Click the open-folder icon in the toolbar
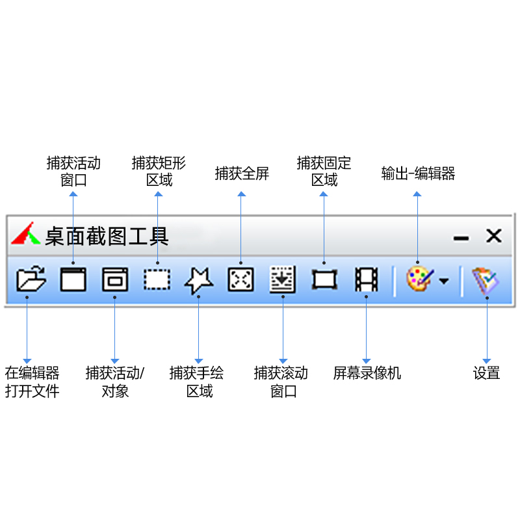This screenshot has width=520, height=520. point(31,281)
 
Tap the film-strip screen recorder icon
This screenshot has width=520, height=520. point(366,280)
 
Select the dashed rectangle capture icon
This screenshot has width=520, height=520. point(157,280)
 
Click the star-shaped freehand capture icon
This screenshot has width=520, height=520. point(198,281)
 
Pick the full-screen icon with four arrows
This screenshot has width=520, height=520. point(240,280)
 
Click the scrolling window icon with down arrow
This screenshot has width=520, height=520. point(283,280)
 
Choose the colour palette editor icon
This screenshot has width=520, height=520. point(418,279)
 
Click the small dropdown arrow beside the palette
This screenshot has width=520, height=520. point(443,281)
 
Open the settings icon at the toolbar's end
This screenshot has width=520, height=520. point(486,281)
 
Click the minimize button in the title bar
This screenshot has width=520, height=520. point(461,239)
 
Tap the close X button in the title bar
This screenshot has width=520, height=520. point(494,236)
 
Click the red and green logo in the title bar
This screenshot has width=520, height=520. point(25,234)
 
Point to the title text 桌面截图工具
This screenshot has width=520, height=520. point(107,236)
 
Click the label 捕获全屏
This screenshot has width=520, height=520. point(241,174)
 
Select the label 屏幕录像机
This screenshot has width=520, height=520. point(367,373)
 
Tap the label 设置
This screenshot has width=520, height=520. point(486,373)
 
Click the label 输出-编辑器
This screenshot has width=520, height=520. point(418,174)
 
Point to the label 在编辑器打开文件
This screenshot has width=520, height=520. point(32,382)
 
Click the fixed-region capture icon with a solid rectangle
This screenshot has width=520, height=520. point(324,280)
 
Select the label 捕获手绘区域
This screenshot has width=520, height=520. point(198,382)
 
